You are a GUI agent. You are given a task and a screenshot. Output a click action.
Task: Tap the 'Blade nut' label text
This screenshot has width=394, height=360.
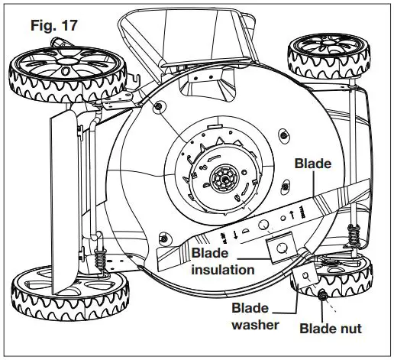point(330,329)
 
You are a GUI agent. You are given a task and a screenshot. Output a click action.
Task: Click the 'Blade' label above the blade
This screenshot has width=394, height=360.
point(315,163)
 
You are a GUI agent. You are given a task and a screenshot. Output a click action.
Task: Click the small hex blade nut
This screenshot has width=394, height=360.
point(323,294)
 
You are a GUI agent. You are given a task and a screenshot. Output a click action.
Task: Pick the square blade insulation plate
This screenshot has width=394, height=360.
point(282,248)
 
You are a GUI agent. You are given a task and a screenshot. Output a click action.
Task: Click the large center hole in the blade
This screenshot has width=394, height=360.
point(262,225)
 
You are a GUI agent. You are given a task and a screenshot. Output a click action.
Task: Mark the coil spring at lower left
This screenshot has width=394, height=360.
point(101,259)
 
